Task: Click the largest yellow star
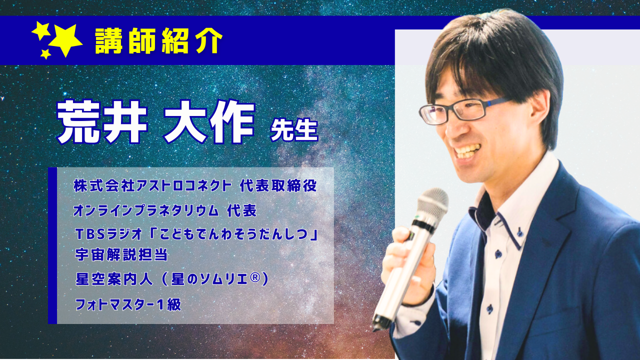coord(65,40)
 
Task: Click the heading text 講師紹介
coord(158,41)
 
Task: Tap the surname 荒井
coord(102,121)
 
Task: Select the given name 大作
coord(209,121)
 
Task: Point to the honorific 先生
coord(294,130)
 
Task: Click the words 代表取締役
coord(278,185)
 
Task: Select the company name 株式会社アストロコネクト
coord(152,185)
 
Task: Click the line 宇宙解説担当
coord(121,254)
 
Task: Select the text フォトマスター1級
coord(128,304)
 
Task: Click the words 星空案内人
coord(114,279)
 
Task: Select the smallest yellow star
coord(45,53)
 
